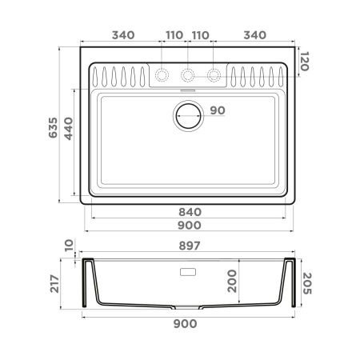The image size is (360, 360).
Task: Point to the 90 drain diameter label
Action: tap(217, 111)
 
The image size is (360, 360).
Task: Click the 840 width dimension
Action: tap(188, 212)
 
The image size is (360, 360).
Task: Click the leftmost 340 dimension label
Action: tap(122, 34)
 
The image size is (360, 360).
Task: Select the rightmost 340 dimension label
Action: tap(254, 34)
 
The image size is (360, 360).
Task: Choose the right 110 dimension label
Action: tap(201, 34)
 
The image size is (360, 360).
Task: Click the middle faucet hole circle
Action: tap(188, 75)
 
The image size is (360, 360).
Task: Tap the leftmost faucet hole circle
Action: tap(162, 75)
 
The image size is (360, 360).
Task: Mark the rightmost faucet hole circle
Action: tap(214, 75)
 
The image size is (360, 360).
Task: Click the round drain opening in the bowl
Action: tap(188, 116)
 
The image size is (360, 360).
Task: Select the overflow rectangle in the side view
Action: tap(188, 271)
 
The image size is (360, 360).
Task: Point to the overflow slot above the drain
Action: tap(188, 92)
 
